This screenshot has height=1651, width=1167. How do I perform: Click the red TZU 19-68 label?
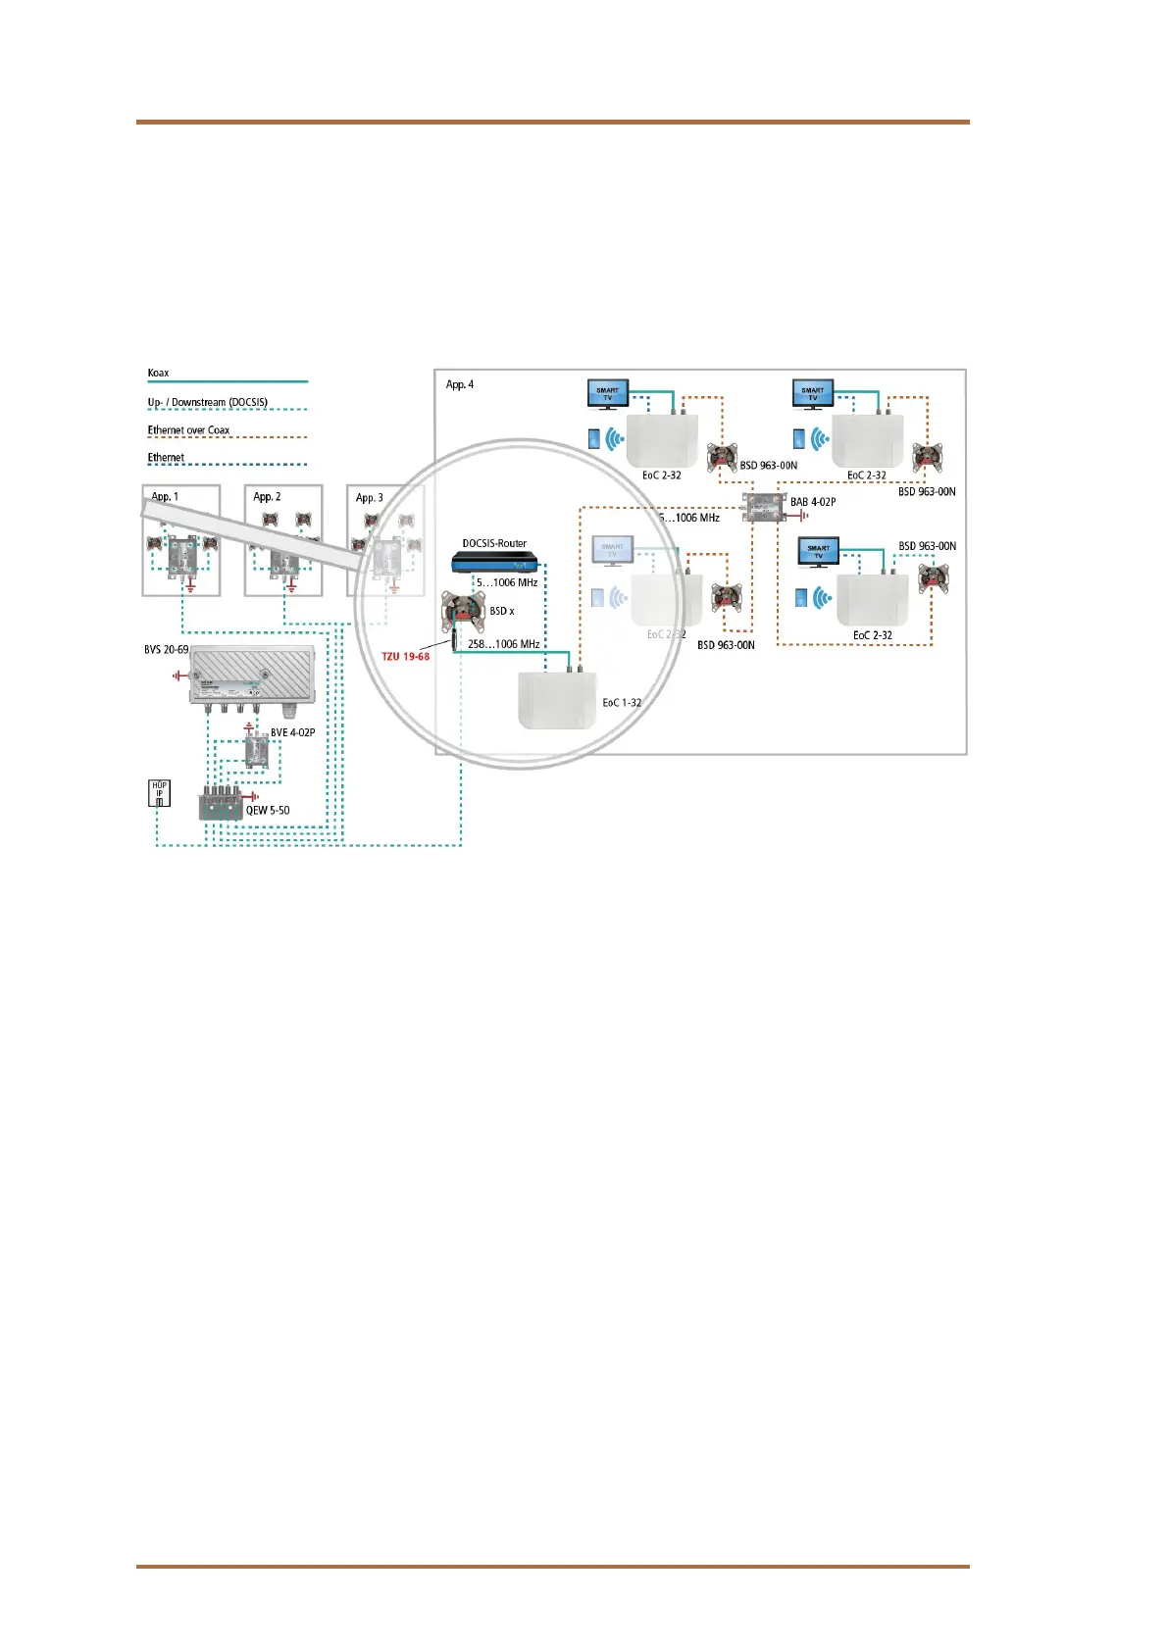click(405, 656)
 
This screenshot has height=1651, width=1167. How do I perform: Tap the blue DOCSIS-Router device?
click(495, 563)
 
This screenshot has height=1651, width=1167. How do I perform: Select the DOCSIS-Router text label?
click(494, 543)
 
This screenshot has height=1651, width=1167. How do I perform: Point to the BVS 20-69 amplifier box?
click(253, 678)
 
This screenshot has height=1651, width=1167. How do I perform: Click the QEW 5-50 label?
click(268, 811)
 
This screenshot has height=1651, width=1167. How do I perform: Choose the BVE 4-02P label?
click(292, 732)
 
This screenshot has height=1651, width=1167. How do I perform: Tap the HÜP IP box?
click(159, 793)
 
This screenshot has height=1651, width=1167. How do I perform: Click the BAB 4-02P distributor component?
click(761, 508)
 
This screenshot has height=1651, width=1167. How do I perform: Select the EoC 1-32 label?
click(622, 703)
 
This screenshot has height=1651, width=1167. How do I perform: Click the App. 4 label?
click(459, 384)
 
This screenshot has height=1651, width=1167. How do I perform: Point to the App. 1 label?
click(165, 497)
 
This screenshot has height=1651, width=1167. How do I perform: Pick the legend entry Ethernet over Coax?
click(188, 430)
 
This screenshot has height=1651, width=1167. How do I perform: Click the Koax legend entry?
click(158, 374)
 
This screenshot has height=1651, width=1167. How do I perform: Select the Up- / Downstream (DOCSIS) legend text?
click(207, 403)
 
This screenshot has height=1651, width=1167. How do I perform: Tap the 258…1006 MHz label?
click(503, 644)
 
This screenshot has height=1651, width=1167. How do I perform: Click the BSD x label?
click(501, 611)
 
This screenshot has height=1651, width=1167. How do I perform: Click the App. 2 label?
click(267, 497)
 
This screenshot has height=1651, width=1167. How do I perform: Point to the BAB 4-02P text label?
click(813, 502)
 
